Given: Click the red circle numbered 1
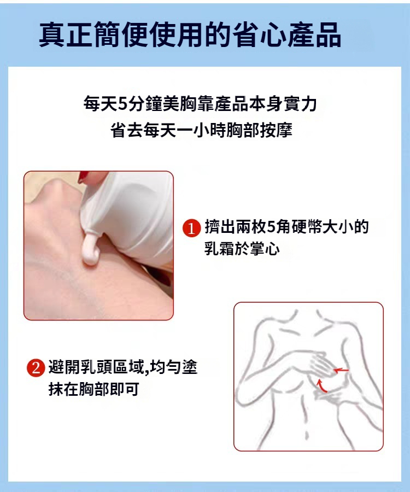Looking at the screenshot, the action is click(x=192, y=228).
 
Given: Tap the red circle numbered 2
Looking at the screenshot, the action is click(x=36, y=368).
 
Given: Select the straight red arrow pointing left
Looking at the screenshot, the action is click(x=341, y=371).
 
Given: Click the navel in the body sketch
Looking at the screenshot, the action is click(x=306, y=435).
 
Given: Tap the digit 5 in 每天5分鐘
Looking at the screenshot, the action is click(x=122, y=104).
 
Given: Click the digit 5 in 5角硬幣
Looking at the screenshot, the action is click(x=271, y=227).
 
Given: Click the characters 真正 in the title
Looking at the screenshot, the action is click(x=66, y=34).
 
